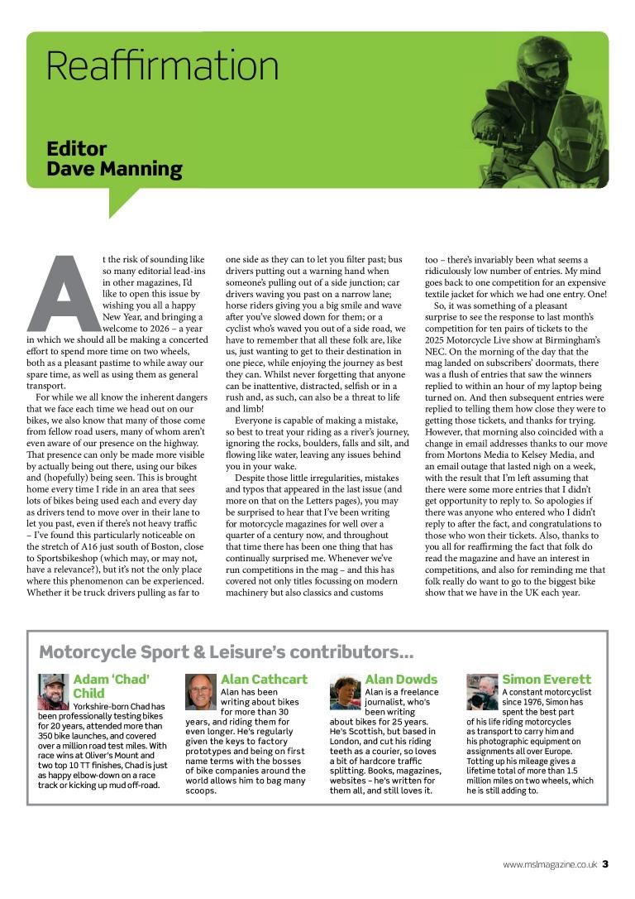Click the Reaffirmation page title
pyautogui.click(x=162, y=65)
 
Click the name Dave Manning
pyautogui.click(x=114, y=169)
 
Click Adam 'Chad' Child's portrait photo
pyautogui.click(x=53, y=692)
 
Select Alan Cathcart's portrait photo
pyautogui.click(x=201, y=692)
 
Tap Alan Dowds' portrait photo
pyautogui.click(x=346, y=692)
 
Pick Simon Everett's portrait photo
pyautogui.click(x=482, y=692)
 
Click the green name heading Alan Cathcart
pyautogui.click(x=264, y=679)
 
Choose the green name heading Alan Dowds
pyautogui.click(x=401, y=679)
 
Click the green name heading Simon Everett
pyautogui.click(x=547, y=679)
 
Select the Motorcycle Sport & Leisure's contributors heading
pyautogui.click(x=227, y=651)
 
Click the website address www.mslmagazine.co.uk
pyautogui.click(x=550, y=864)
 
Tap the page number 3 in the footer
pyautogui.click(x=605, y=864)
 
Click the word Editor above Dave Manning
pyautogui.click(x=77, y=149)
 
